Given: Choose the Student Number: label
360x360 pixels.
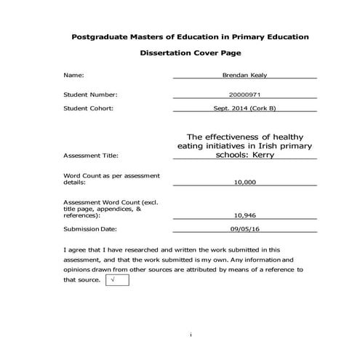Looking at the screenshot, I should pos(90,95).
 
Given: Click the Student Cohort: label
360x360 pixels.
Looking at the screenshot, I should pos(89,108).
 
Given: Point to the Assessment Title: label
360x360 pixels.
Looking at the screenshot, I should pos(91,156).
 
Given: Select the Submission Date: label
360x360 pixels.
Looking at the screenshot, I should pos(90,228).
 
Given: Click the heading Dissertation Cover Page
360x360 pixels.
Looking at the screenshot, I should pos(180,53).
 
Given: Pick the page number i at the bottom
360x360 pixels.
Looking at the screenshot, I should pos(190,335).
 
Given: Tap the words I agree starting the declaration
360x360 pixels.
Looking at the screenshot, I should pos(76,249).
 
